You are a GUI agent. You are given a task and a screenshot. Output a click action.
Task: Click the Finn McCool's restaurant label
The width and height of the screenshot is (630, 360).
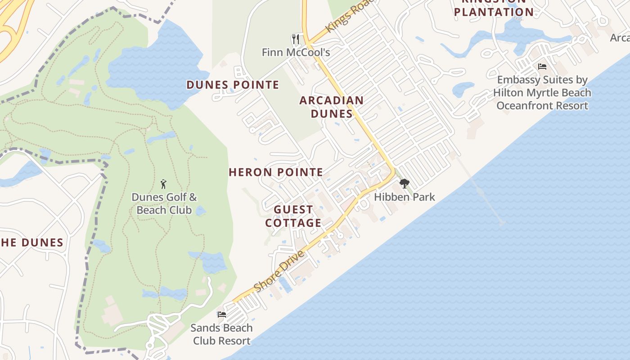[x=296, y=52]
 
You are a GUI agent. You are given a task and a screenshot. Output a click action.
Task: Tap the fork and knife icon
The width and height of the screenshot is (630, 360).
[x=296, y=39]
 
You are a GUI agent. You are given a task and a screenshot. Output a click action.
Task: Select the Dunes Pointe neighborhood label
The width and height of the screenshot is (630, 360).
[x=233, y=85]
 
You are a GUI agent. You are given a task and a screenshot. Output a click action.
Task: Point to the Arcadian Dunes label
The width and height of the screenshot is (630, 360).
[x=332, y=107]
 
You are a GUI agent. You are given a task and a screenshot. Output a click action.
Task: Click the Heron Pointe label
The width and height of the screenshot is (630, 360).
[x=276, y=172]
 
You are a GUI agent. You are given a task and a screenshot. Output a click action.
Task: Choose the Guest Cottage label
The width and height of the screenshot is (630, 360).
[x=293, y=216]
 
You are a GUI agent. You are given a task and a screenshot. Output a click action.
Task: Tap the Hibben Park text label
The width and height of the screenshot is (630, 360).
[x=405, y=197]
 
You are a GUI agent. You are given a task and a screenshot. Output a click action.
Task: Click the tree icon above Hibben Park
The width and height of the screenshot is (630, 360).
[x=404, y=183]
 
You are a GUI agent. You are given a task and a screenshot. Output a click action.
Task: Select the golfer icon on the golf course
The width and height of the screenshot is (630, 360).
[x=163, y=184]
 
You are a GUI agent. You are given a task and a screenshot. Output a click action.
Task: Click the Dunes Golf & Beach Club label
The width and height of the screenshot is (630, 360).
[x=164, y=203]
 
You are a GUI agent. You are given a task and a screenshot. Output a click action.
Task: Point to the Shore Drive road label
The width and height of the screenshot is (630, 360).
[x=279, y=271]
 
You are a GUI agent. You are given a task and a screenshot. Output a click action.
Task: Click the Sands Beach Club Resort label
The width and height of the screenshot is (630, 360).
[x=221, y=334]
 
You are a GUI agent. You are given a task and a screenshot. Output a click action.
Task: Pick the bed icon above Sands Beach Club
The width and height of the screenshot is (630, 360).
[x=221, y=314]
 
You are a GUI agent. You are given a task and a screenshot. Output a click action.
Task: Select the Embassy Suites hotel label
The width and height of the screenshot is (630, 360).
[x=542, y=93]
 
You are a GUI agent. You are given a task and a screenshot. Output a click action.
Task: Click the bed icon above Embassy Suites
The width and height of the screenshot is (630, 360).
[x=542, y=67]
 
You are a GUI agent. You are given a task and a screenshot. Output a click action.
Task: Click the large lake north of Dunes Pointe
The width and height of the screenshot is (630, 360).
[x=157, y=67]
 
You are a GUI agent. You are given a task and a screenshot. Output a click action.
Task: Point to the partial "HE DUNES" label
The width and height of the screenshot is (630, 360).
[x=31, y=243]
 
